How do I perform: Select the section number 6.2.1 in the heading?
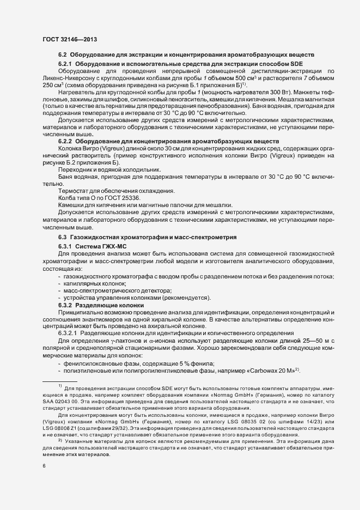pos(65,64)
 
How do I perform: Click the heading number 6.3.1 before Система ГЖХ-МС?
pos(65,247)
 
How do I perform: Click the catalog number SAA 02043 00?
pos(61,402)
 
